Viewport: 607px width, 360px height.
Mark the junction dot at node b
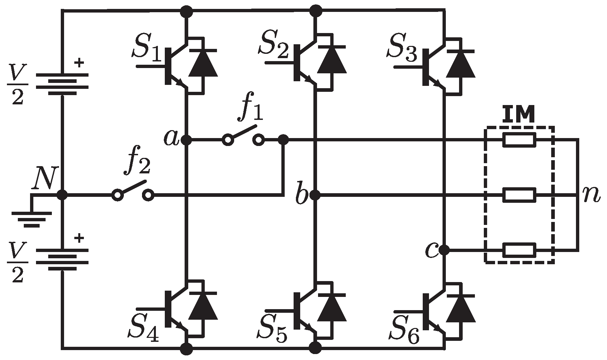[x=316, y=195]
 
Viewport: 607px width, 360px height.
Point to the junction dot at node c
[x=445, y=250]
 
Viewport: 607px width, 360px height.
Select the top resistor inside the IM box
[x=519, y=140]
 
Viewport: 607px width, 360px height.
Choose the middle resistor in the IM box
[x=519, y=195]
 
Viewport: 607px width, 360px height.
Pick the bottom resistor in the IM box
[x=519, y=250]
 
